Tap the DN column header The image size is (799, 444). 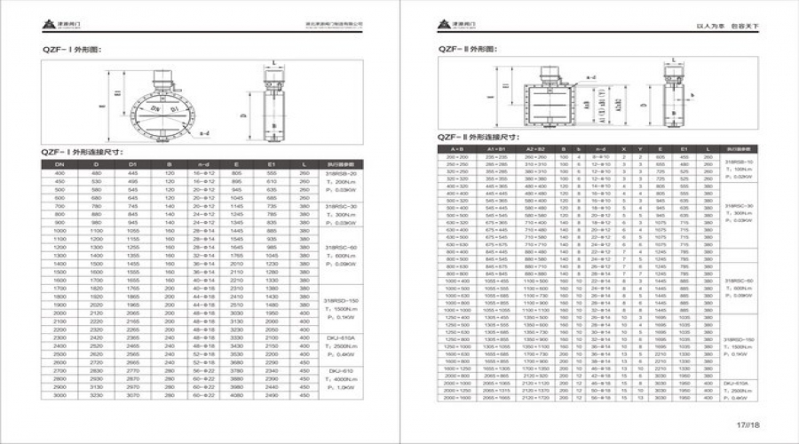(61, 164)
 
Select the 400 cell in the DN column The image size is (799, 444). (61, 173)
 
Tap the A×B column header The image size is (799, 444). (457, 148)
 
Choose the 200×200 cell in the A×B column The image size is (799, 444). (457, 156)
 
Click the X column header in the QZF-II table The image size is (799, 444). (625, 148)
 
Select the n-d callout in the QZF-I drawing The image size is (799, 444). (205, 135)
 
